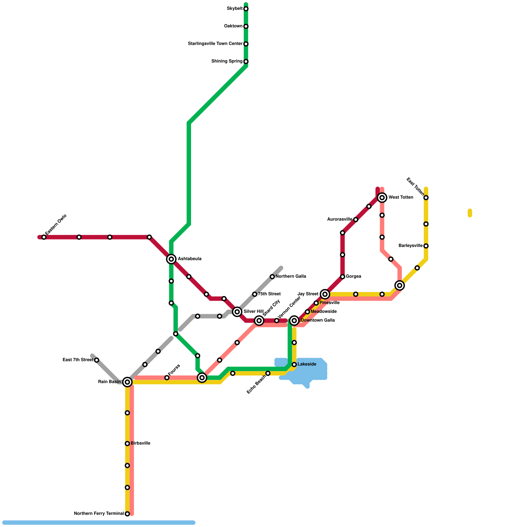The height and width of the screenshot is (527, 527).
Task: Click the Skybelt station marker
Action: (x=246, y=9)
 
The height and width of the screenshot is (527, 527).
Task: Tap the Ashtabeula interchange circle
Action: (x=171, y=259)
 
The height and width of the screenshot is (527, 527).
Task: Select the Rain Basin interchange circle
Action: (x=127, y=382)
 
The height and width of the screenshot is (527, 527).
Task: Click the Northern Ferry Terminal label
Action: (x=99, y=513)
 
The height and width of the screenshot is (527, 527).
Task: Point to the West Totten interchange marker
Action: (x=382, y=198)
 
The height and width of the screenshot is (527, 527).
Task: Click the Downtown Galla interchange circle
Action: (x=294, y=320)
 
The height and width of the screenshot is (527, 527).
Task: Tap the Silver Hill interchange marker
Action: (x=237, y=312)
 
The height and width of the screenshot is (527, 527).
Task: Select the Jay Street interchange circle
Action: (x=325, y=294)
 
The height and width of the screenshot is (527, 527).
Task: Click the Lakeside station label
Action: (x=307, y=364)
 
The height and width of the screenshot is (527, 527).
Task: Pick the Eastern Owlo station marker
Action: (x=44, y=237)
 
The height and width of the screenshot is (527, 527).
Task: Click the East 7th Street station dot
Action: (x=97, y=360)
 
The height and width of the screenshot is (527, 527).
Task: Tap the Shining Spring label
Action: (x=227, y=61)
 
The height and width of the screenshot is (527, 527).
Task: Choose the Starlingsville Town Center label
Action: (x=215, y=44)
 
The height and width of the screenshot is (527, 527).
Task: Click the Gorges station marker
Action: (x=343, y=277)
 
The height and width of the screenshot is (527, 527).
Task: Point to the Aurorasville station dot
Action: (x=356, y=220)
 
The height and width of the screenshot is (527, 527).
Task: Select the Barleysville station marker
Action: (x=426, y=246)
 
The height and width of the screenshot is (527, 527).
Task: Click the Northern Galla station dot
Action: (x=272, y=277)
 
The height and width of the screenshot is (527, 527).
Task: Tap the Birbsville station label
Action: (x=140, y=443)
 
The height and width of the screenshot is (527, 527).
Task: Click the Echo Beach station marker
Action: (x=268, y=373)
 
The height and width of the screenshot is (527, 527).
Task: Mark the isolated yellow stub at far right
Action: (x=470, y=213)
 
